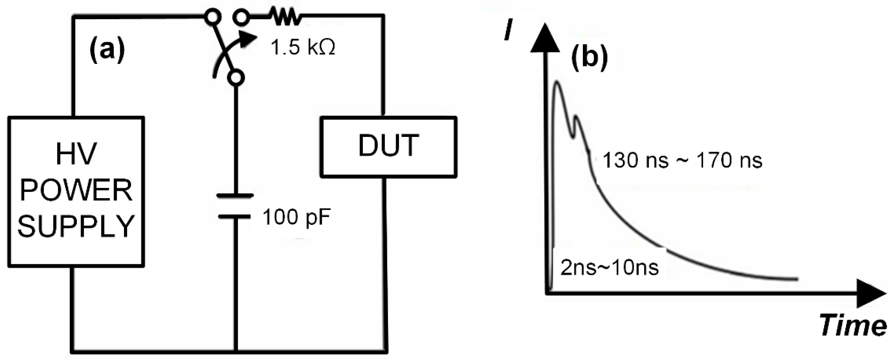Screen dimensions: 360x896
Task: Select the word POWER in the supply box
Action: click(76, 191)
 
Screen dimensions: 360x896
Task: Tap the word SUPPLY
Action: click(76, 226)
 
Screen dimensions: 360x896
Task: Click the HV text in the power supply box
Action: click(76, 154)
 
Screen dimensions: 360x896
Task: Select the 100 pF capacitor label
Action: click(296, 217)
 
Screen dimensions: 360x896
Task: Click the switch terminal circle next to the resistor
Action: click(241, 17)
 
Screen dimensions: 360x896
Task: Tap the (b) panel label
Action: click(589, 58)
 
